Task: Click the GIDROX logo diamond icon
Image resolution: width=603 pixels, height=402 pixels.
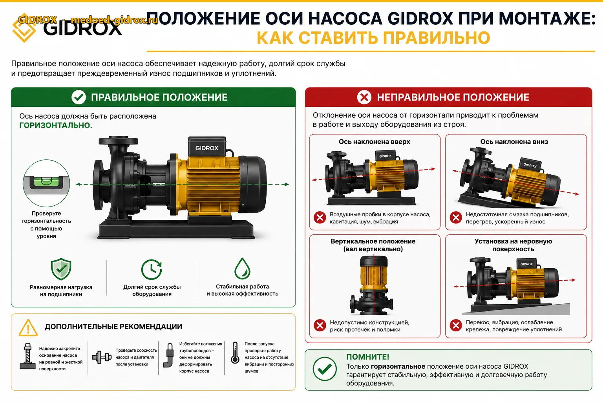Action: pos(24,28)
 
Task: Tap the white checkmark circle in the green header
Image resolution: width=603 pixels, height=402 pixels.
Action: pos(79,97)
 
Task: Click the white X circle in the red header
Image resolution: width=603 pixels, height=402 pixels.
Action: pos(364,97)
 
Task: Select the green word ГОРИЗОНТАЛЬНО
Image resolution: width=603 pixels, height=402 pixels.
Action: pos(56,126)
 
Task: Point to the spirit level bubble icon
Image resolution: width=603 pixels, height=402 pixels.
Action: pos(46,183)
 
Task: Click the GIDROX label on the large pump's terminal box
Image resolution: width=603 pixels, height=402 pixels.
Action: pos(207,148)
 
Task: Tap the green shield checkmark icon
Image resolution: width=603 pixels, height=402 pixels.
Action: pos(61,269)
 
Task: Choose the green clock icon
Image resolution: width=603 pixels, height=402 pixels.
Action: pos(152,269)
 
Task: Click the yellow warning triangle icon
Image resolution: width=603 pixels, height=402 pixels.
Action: pos(28,328)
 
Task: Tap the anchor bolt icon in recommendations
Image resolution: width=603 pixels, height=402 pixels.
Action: pos(27,356)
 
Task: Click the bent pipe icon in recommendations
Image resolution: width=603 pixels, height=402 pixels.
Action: pos(168,355)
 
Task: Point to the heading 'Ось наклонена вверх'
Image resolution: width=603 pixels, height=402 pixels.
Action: pos(374,142)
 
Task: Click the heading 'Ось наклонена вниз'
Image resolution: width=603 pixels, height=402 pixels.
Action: pos(514,142)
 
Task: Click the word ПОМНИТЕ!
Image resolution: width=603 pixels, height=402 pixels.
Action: pos(367,357)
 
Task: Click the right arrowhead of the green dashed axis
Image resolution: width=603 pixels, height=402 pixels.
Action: pos(287,184)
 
